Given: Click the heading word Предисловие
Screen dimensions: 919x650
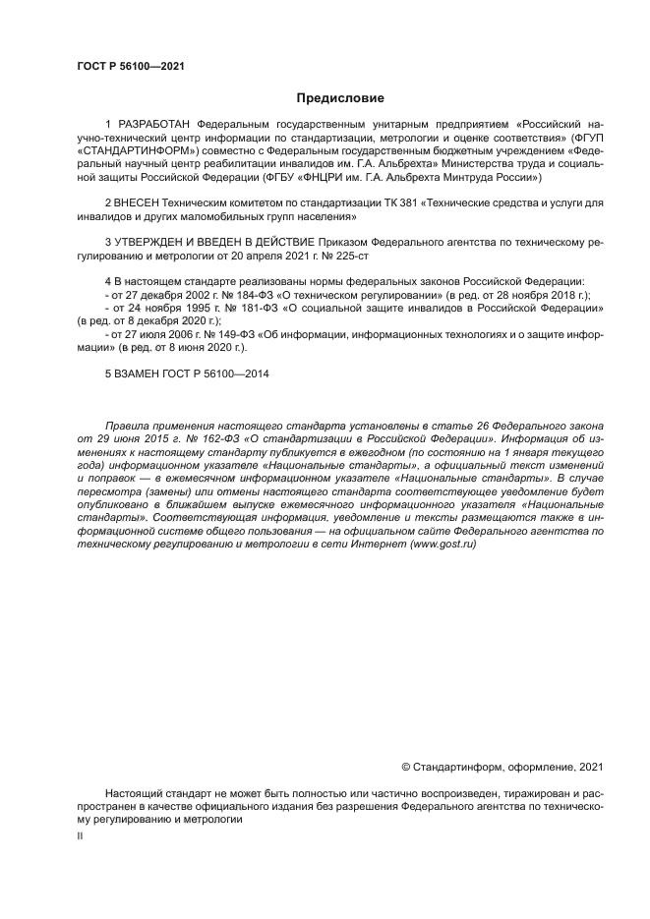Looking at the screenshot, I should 340,98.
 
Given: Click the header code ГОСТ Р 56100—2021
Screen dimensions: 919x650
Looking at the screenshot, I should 131,67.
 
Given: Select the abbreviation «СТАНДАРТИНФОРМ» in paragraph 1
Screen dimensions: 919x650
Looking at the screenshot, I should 137,152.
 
